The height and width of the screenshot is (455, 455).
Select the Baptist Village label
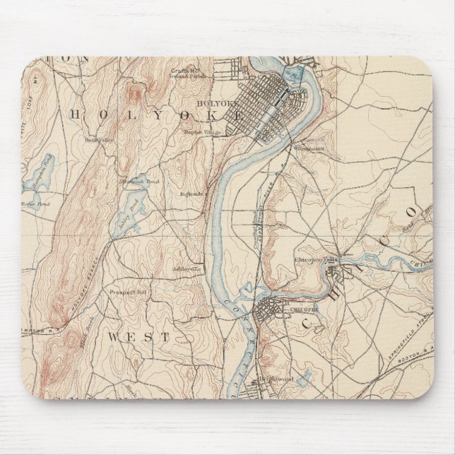[199, 131]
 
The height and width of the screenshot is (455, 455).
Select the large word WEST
[139, 337]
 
